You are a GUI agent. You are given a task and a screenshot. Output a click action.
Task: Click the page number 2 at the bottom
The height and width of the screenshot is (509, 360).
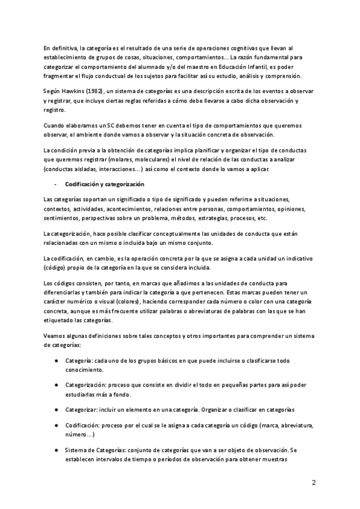314,483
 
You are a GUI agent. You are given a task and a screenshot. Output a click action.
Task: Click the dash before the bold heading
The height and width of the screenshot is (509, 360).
55,184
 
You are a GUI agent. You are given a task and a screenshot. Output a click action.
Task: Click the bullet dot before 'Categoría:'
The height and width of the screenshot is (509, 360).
56,360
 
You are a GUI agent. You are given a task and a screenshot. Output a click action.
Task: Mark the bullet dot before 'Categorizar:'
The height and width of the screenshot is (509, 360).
56,409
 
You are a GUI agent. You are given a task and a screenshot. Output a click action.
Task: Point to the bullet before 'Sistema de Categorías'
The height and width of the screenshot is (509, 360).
56,450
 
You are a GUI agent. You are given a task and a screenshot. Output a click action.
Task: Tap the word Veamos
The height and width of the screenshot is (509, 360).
56,336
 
